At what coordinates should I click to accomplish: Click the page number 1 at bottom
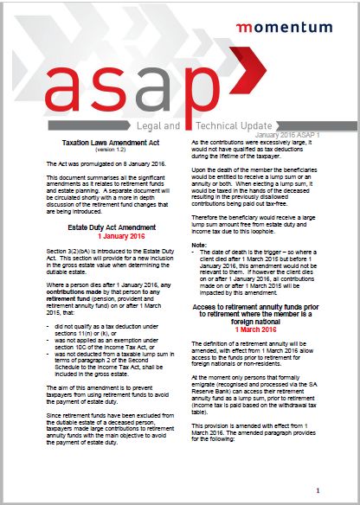click(320, 489)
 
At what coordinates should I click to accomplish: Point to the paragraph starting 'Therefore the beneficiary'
click(260, 224)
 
